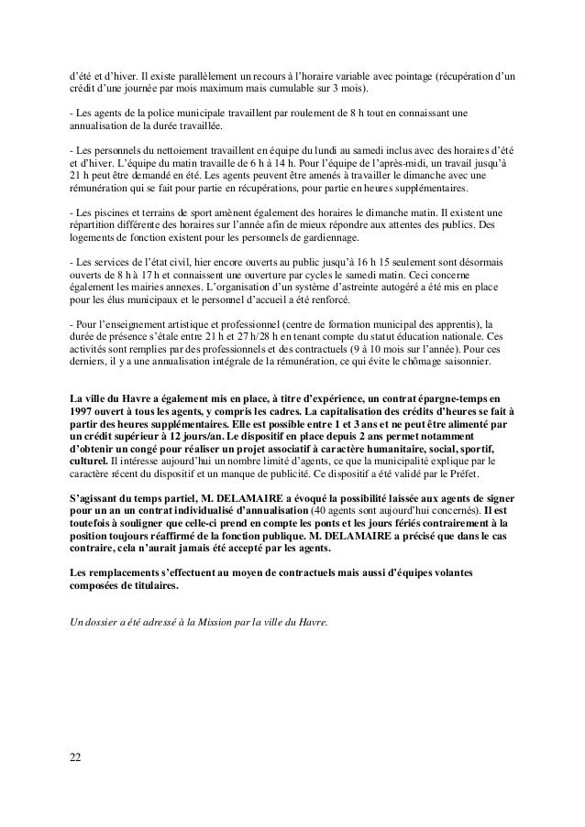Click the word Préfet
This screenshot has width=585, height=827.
point(470,476)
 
